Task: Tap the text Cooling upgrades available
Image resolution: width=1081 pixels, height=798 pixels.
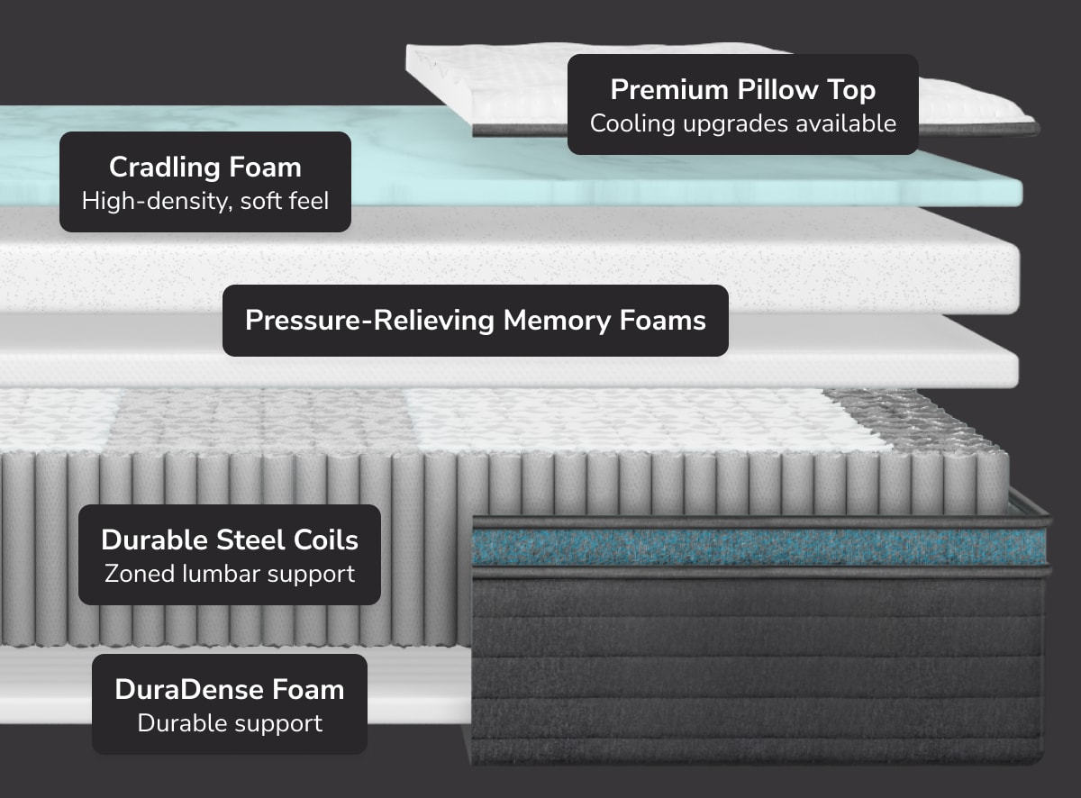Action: pos(742,123)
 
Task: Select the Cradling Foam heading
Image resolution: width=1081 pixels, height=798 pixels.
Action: pos(205,168)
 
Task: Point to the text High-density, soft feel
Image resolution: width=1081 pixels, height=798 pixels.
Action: pos(205,200)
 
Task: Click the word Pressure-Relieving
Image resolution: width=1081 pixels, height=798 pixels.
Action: pos(370,321)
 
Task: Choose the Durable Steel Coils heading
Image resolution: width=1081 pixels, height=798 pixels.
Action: pos(230,540)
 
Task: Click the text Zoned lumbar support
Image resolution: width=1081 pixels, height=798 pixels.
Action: pos(230,573)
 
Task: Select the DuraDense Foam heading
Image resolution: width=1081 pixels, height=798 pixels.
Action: pos(230,690)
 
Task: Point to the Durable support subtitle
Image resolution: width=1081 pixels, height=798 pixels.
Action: pos(230,722)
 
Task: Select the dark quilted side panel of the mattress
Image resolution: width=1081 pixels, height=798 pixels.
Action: pos(757,667)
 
